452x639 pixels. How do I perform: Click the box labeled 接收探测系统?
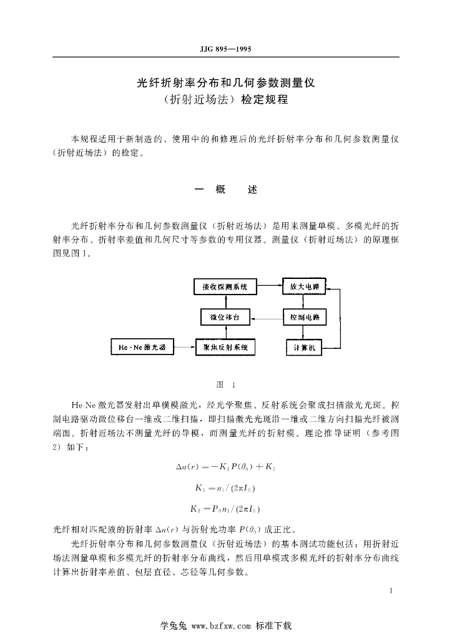225,287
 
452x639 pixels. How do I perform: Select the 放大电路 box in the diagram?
304,287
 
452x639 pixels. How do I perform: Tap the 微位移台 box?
225,317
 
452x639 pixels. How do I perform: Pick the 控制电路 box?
304,317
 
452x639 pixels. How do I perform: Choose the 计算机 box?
304,347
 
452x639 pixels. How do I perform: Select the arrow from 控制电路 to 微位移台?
267,318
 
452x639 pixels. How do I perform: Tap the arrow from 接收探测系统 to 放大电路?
268,286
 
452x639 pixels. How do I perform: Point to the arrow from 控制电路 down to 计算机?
304,332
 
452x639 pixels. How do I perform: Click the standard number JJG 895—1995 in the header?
225,49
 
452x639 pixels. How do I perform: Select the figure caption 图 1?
225,384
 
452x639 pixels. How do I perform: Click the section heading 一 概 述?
225,190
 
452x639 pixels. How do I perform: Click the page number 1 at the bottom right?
390,590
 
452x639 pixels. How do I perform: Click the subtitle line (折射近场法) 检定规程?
225,99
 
